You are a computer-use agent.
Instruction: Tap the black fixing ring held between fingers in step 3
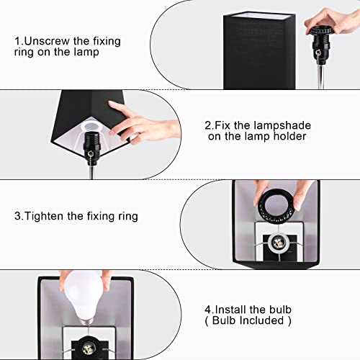tap(274, 204)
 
